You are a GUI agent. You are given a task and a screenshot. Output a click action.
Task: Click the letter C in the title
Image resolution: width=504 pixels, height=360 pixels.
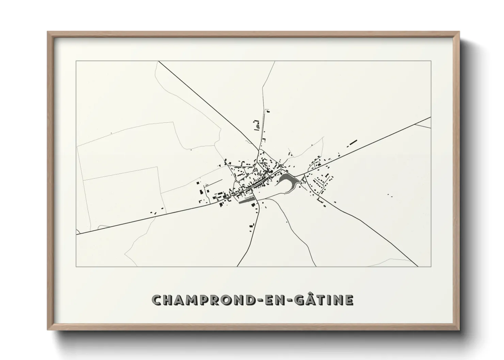point(157,300)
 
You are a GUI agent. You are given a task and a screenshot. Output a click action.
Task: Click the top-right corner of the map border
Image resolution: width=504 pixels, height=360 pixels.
point(431,61)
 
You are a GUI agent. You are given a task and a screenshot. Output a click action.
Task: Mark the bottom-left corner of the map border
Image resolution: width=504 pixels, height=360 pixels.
point(76,266)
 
